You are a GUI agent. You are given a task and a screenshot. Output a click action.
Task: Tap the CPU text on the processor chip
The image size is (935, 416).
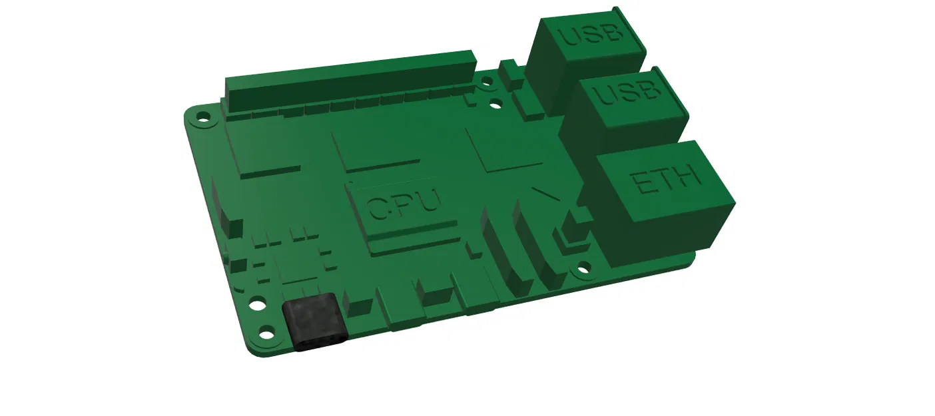pyautogui.click(x=404, y=204)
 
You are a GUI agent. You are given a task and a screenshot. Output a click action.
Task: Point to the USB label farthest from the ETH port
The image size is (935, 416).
pyautogui.click(x=591, y=33)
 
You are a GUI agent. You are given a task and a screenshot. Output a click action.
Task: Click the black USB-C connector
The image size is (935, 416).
pyautogui.click(x=314, y=323)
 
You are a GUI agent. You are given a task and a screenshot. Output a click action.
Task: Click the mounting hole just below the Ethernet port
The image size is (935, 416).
pyautogui.click(x=583, y=270)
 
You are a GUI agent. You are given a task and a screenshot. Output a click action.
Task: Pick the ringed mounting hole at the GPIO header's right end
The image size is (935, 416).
pyautogui.click(x=487, y=82)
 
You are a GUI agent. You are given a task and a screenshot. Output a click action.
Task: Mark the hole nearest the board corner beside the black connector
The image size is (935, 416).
pyautogui.click(x=267, y=331)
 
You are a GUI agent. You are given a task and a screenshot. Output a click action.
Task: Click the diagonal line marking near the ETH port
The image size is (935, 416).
pyautogui.click(x=546, y=194)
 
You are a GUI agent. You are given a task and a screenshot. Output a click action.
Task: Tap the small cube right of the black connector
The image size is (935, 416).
pyautogui.click(x=360, y=307)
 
